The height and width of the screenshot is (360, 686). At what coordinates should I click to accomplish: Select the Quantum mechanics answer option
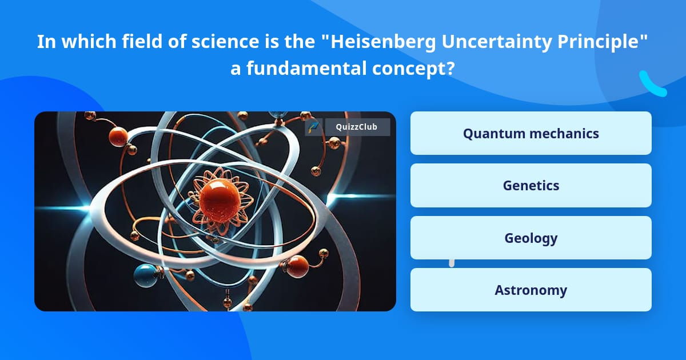(x=531, y=133)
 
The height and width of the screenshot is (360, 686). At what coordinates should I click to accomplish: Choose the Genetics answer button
(x=531, y=186)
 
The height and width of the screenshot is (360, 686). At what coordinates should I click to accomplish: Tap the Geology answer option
(x=531, y=238)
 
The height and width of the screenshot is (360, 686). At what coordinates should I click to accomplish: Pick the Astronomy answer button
(x=531, y=290)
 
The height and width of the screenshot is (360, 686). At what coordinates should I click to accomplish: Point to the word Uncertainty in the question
(x=496, y=42)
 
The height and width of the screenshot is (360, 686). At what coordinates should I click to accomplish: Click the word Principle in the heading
(x=599, y=42)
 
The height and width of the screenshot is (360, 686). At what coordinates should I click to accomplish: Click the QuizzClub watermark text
(x=357, y=127)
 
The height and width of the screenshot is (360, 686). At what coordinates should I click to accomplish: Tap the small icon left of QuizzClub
(x=314, y=127)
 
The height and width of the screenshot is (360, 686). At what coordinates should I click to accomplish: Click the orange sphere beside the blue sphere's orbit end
(x=297, y=266)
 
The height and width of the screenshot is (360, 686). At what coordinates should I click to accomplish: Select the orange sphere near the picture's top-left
(x=118, y=137)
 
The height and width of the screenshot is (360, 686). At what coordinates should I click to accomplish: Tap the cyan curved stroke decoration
(x=652, y=84)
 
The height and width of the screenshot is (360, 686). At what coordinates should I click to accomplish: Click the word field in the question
(x=142, y=41)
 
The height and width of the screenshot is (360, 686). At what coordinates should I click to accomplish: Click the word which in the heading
(x=89, y=41)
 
